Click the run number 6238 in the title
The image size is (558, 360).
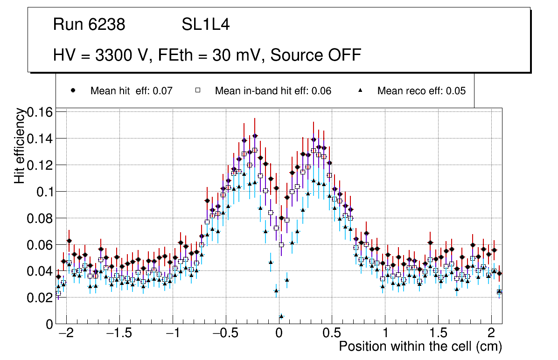(x=106, y=25)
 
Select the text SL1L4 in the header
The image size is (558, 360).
(x=205, y=25)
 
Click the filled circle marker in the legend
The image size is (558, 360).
(x=73, y=90)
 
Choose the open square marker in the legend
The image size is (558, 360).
(x=197, y=90)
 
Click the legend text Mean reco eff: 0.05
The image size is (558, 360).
(x=421, y=91)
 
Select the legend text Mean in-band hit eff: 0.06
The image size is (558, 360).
(x=273, y=91)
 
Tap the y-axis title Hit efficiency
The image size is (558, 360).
(x=20, y=145)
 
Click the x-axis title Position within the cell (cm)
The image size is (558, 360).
(x=420, y=346)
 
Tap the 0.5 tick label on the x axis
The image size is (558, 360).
(x=332, y=334)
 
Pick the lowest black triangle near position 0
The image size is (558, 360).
(x=281, y=316)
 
